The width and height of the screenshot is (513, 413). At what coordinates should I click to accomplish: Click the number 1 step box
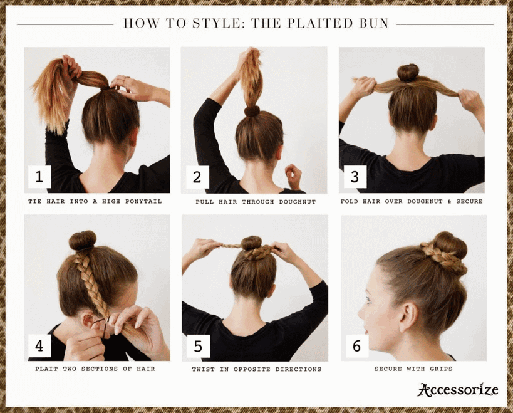[39, 177]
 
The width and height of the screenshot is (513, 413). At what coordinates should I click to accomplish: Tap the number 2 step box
[197, 177]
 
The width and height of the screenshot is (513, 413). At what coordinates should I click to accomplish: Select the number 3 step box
[355, 177]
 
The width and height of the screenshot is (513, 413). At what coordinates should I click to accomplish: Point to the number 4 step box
[39, 345]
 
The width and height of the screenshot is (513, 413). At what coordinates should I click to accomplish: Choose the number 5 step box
[198, 346]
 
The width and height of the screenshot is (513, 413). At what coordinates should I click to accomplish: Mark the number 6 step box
[357, 346]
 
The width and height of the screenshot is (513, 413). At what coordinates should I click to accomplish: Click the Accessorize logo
[458, 390]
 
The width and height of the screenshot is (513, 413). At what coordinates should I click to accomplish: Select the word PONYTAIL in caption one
[143, 201]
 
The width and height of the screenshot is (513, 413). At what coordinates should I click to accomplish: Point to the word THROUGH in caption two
[258, 202]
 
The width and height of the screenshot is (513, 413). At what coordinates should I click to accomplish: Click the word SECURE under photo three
[470, 201]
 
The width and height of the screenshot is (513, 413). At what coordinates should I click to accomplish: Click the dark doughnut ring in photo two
[252, 112]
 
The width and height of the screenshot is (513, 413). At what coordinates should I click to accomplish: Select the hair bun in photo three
[408, 73]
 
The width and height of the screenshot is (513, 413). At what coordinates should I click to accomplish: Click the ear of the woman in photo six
[408, 316]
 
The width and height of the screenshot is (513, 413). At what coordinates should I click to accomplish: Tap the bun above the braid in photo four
[83, 241]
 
